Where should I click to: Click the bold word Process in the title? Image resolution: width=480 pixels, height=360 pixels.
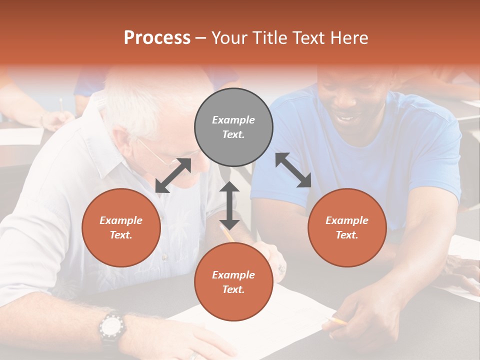point(157,38)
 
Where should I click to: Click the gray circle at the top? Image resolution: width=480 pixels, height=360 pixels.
point(233,127)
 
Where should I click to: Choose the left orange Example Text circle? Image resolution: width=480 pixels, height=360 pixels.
point(121,227)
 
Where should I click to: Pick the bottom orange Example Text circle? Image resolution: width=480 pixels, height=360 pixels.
point(233,282)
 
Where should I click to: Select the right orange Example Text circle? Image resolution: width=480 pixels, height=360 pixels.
point(347,227)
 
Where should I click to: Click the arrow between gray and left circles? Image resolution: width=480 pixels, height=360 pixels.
point(173,175)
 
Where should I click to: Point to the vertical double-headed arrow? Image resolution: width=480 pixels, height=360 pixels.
point(229,205)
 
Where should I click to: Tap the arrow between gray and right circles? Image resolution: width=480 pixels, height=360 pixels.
point(293,170)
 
